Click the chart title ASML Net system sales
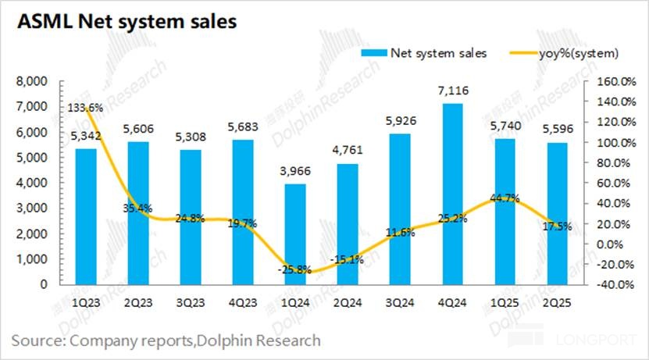click(x=123, y=21)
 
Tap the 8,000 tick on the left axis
click(x=32, y=81)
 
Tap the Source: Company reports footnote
click(x=166, y=340)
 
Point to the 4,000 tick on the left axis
click(x=32, y=183)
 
